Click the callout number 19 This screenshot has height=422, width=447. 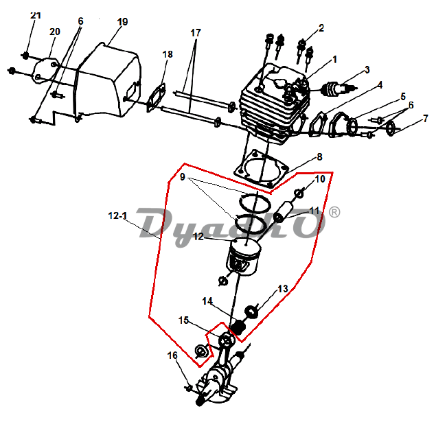pos(123,22)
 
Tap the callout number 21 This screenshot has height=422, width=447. pos(36,15)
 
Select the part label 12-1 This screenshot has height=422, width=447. pos(117,215)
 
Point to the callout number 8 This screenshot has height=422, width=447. pos(319,156)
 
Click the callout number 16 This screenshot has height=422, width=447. pos(172,355)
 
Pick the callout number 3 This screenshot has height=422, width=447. pos(367,70)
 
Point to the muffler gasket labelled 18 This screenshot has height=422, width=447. pos(157,97)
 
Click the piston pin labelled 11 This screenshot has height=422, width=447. pos(283,211)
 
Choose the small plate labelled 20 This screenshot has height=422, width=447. pos(45,71)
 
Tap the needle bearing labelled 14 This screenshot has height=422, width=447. pos(238,327)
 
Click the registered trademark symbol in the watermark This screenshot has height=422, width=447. pos(334,212)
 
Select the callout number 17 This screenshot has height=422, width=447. pos(196,33)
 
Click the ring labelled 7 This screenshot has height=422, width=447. pos(391,128)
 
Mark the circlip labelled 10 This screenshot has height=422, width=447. pos(299,194)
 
